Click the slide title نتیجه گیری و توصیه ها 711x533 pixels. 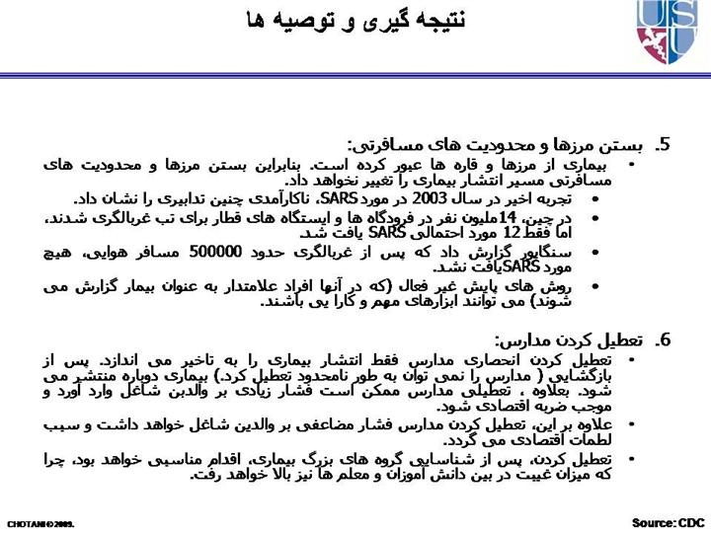[355, 20]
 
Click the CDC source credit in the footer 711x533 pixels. [669, 521]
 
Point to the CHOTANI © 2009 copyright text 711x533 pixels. [40, 522]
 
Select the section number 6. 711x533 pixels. [665, 341]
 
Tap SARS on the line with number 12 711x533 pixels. [389, 234]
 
